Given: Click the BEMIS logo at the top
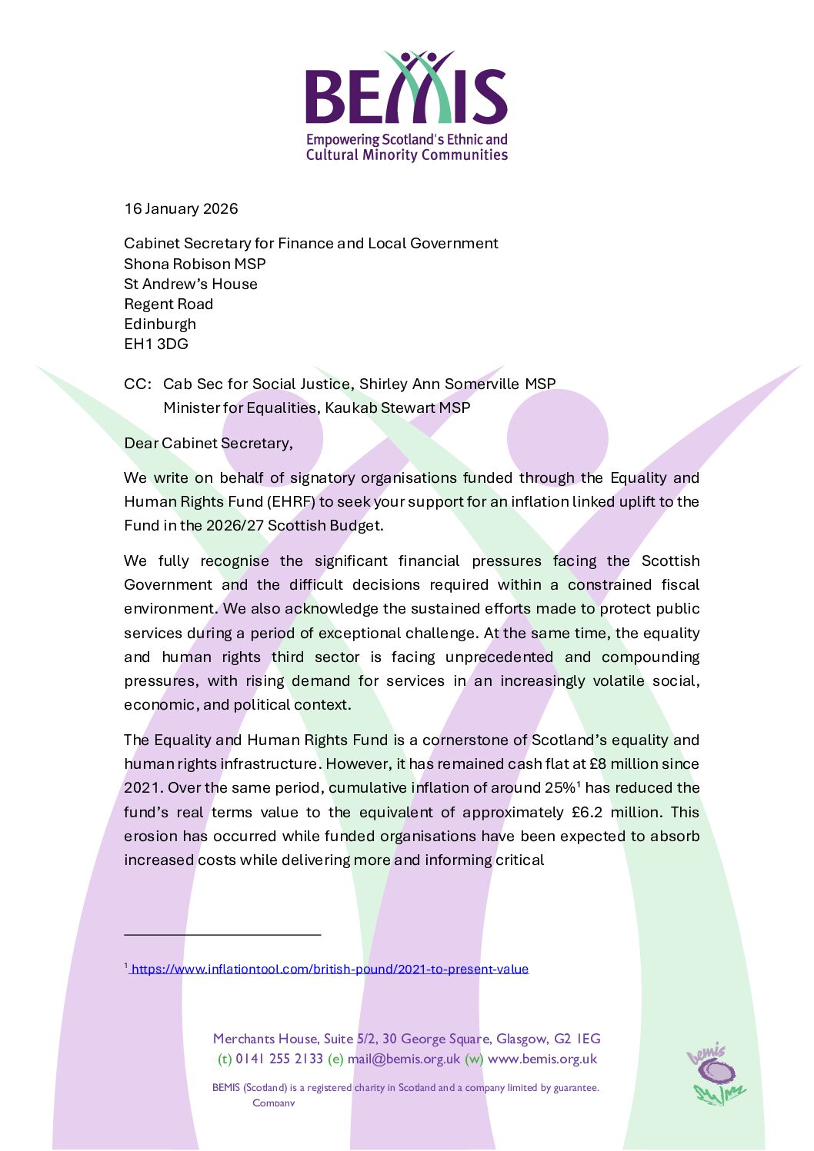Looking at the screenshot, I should pos(406,106).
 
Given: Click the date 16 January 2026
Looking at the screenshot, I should pos(181,208).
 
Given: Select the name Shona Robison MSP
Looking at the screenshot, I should pos(195,264).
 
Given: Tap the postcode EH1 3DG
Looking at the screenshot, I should pos(156,344).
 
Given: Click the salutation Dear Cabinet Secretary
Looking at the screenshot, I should pos(208,443).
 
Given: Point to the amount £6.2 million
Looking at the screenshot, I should pos(615,812).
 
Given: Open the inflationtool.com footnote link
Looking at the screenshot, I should pos(330,969).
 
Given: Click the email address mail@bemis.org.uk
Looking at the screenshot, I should pos(403,1059).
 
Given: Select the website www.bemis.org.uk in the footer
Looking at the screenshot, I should pos(542,1059).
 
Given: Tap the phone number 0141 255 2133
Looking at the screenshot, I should pos(279,1059).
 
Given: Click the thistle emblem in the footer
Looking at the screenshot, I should pos(716,1075).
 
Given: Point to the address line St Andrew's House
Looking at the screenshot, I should pos(191,284).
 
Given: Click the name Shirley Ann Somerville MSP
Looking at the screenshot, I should pos(457,384).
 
